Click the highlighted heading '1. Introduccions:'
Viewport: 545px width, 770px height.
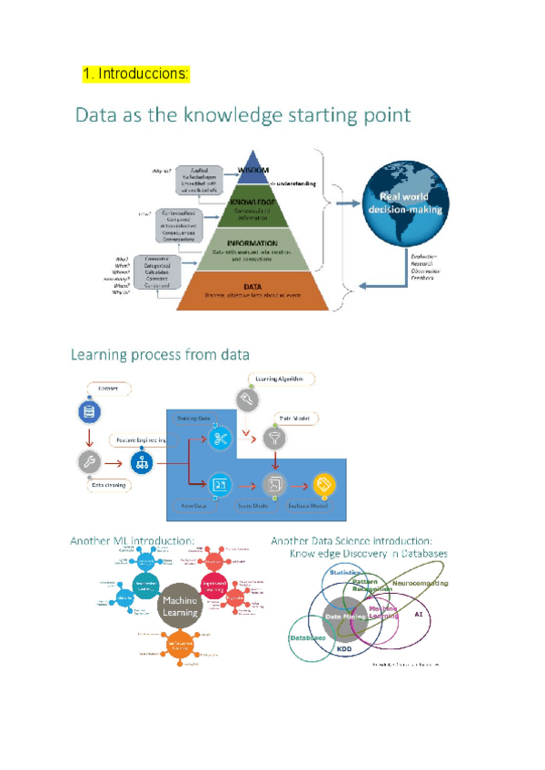click(x=136, y=74)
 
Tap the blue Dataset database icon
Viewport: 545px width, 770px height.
click(x=88, y=413)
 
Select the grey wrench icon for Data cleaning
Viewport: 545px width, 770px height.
click(x=88, y=461)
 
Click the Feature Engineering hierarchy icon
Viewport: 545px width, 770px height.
click(x=144, y=461)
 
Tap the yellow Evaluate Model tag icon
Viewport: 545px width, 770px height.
click(x=323, y=484)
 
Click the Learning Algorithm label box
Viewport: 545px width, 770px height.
click(x=282, y=379)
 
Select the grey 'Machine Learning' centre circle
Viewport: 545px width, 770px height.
click(x=180, y=607)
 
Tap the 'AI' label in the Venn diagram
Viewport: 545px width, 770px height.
click(x=418, y=615)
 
